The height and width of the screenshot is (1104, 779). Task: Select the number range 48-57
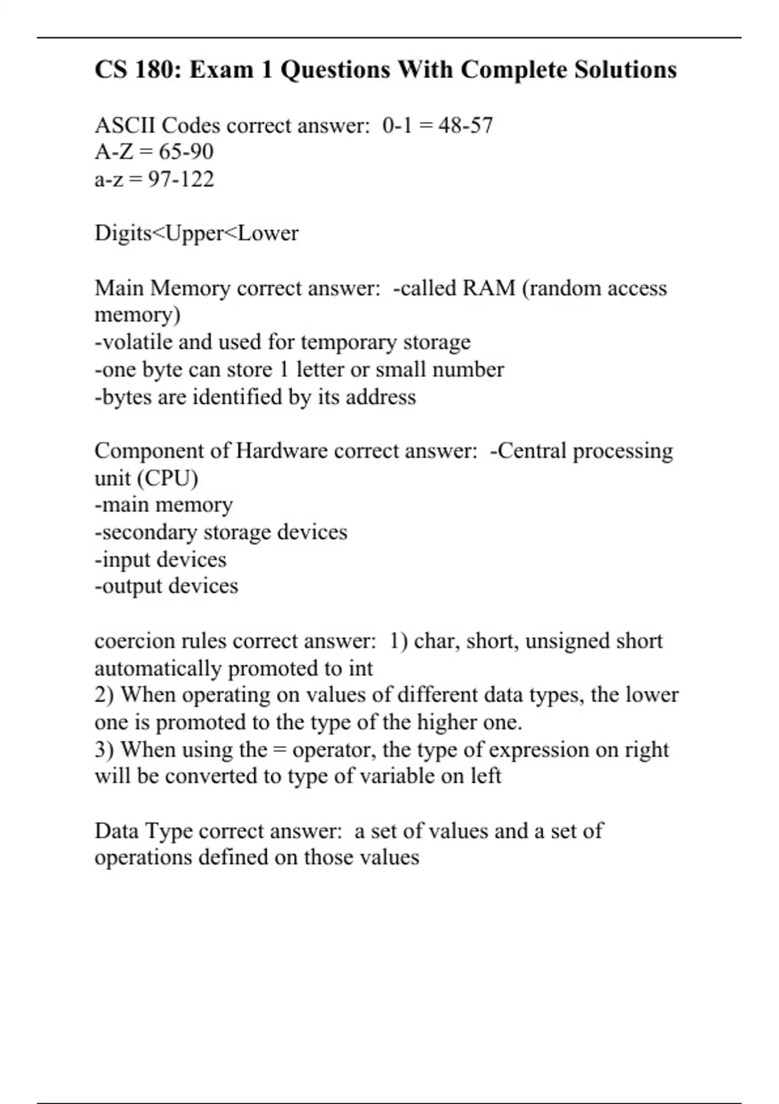[x=465, y=125]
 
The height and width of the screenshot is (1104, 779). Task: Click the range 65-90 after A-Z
[x=186, y=152]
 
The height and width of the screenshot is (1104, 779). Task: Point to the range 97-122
[x=180, y=179]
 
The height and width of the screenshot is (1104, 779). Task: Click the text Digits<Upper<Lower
[x=196, y=233]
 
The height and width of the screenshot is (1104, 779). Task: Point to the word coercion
[x=134, y=641]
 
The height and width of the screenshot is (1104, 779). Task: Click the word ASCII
[x=125, y=125]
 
